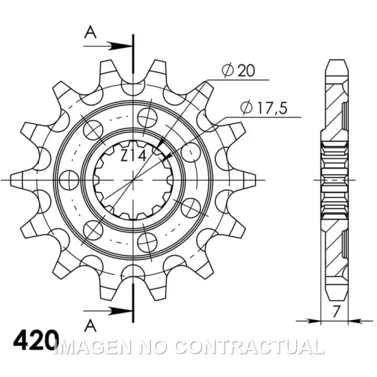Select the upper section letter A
point(89,32)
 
